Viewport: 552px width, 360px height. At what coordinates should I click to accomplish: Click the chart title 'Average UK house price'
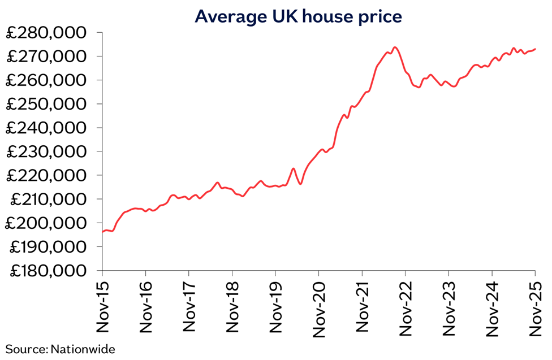(x=298, y=16)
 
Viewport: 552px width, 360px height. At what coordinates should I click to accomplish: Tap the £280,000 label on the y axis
(x=46, y=33)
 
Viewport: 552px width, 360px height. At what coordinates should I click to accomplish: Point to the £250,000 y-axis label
(x=46, y=105)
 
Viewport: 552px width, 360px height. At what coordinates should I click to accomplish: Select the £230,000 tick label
(x=46, y=152)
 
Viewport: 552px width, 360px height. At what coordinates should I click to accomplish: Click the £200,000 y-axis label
(x=46, y=223)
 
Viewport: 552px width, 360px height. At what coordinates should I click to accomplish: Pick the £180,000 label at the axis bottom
(x=46, y=271)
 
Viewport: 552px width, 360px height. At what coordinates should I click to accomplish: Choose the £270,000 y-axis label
(x=46, y=57)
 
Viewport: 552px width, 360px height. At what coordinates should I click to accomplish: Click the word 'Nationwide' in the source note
(x=83, y=349)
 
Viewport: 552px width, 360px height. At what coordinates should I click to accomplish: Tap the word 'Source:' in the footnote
(x=27, y=349)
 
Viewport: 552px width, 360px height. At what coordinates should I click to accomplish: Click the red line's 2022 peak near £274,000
(x=395, y=47)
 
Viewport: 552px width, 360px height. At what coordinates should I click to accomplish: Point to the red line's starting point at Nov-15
(x=103, y=232)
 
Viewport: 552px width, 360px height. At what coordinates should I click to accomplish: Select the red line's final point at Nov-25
(x=535, y=49)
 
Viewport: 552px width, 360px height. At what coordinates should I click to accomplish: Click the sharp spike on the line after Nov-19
(x=293, y=168)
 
